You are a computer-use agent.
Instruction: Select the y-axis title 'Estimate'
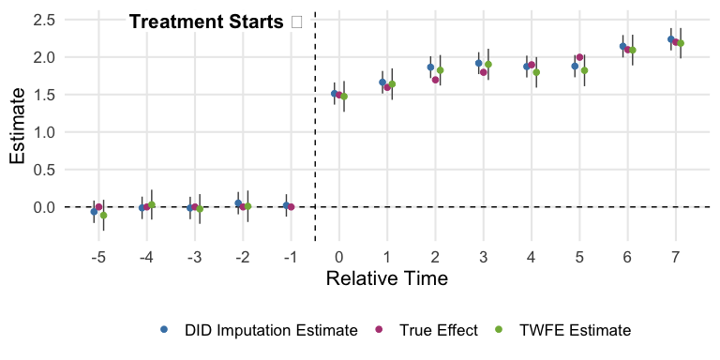point(18,132)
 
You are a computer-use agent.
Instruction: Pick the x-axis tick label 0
point(338,256)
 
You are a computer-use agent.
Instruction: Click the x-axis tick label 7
point(677,256)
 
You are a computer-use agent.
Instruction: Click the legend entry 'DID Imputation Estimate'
point(271,330)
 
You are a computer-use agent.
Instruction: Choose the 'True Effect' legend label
point(438,330)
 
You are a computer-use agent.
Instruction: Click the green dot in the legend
point(499,330)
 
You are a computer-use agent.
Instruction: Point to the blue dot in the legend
point(165,330)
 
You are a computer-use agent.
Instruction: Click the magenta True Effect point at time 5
point(579,58)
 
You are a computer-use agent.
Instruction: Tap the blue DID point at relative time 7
point(671,39)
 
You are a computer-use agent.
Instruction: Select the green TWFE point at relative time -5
point(103,216)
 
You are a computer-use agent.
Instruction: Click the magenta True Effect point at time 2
point(435,80)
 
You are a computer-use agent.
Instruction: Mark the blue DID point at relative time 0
point(335,94)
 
